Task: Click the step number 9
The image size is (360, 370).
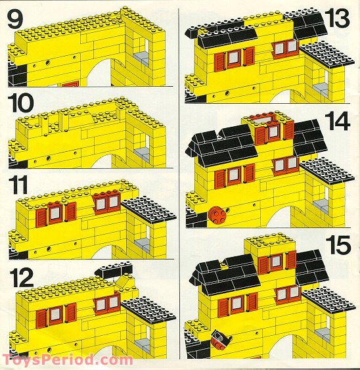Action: [15, 19]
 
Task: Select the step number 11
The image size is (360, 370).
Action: [18, 186]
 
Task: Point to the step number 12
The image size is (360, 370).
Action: [22, 279]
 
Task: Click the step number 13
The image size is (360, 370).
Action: [337, 18]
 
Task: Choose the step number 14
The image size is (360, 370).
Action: [337, 122]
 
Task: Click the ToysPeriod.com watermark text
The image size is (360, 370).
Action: [68, 360]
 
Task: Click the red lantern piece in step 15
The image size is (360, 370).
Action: [221, 340]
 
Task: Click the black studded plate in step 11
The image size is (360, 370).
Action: [149, 210]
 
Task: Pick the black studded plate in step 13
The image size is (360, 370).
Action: [327, 55]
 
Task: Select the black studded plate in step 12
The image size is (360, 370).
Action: [148, 310]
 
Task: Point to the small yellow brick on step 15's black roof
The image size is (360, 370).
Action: [224, 266]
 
